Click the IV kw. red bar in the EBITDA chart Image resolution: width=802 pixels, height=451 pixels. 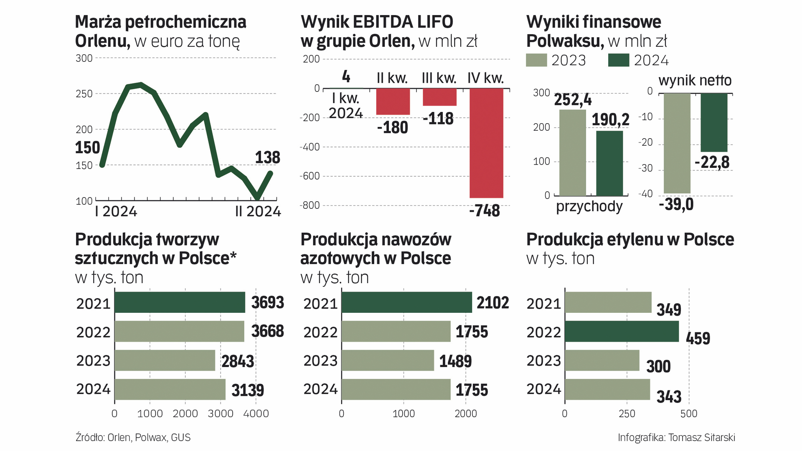pyautogui.click(x=486, y=143)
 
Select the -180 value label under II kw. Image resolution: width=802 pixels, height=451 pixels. pyautogui.click(x=392, y=127)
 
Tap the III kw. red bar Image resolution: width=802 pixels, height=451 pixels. pyautogui.click(x=439, y=97)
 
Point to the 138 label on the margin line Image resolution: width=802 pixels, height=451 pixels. pyautogui.click(x=267, y=157)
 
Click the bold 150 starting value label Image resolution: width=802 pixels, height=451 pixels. pyautogui.click(x=87, y=147)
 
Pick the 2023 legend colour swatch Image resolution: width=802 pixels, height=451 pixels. pyautogui.click(x=536, y=60)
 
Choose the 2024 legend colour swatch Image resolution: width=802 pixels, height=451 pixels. pyautogui.click(x=618, y=60)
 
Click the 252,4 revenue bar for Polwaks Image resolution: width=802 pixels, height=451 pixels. pyautogui.click(x=572, y=152)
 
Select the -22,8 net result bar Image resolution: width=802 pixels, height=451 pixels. pyautogui.click(x=714, y=122)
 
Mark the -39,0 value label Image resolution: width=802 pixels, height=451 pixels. pyautogui.click(x=676, y=204)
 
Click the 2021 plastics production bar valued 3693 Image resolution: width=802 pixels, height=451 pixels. pyautogui.click(x=180, y=302)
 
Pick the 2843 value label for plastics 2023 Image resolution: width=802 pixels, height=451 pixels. pyautogui.click(x=237, y=361)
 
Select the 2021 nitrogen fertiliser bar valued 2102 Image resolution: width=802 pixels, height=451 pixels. pyautogui.click(x=406, y=302)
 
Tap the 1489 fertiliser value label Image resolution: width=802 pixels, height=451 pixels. pyautogui.click(x=455, y=361)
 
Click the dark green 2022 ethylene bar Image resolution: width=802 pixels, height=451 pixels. pyautogui.click(x=622, y=332)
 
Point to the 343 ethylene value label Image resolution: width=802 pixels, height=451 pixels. pyautogui.click(x=668, y=396)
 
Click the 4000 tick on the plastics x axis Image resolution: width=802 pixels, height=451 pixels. pyautogui.click(x=256, y=414)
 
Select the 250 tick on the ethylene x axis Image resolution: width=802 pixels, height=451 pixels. pyautogui.click(x=627, y=414)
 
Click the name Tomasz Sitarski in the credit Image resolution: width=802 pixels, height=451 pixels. pyautogui.click(x=701, y=437)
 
